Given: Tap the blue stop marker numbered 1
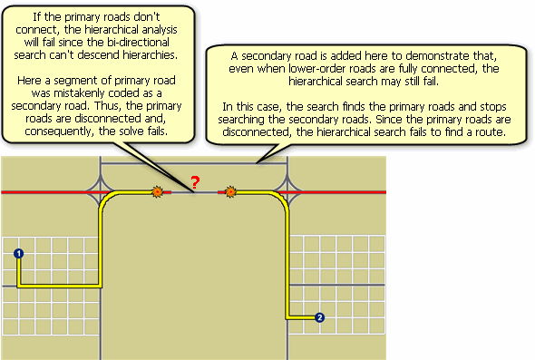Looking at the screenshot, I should point(18,254).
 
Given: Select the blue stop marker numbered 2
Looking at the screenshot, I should point(319,317).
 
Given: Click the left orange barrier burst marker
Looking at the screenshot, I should point(158,192).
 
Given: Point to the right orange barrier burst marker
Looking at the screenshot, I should point(230,192).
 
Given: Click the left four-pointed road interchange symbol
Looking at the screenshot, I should point(101,192).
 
